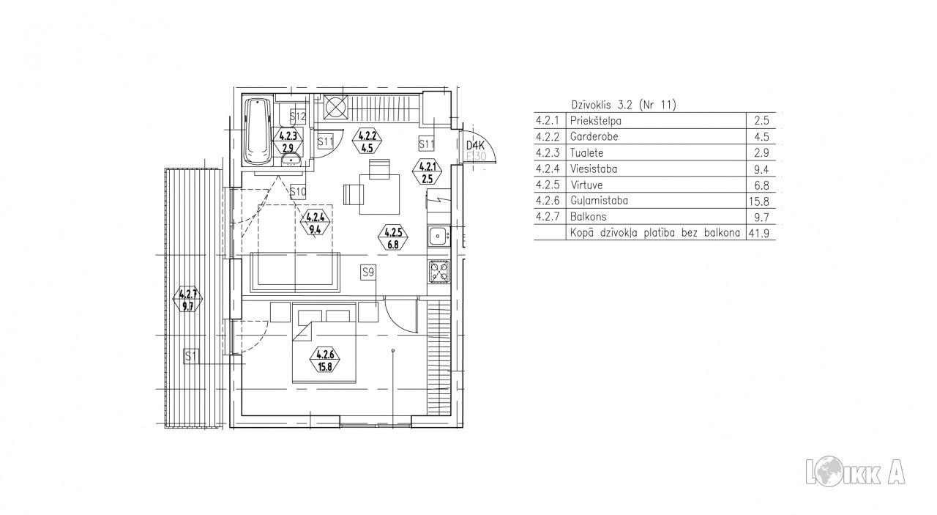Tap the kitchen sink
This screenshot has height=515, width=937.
pyautogui.click(x=438, y=237)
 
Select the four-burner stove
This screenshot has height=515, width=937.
pyautogui.click(x=439, y=271)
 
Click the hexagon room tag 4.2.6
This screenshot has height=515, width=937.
pyautogui.click(x=324, y=360)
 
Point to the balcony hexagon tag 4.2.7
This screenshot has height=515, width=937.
pyautogui.click(x=188, y=299)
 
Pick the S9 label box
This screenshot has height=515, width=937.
pyautogui.click(x=367, y=273)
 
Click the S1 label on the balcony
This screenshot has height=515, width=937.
pyautogui.click(x=191, y=356)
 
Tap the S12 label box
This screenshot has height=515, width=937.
pyautogui.click(x=298, y=116)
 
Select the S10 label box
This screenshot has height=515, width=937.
pyautogui.click(x=298, y=192)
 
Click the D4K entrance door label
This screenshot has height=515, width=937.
pyautogui.click(x=475, y=146)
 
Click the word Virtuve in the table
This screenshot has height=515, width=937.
pyautogui.click(x=586, y=185)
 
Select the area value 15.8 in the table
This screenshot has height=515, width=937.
pyautogui.click(x=759, y=201)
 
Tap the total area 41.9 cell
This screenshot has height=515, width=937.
pyautogui.click(x=759, y=233)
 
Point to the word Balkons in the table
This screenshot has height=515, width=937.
pyautogui.click(x=588, y=217)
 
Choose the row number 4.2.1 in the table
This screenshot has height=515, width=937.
pyautogui.click(x=548, y=121)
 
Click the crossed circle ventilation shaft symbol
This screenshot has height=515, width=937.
pyautogui.click(x=336, y=107)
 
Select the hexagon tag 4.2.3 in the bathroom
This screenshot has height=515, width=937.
pyautogui.click(x=288, y=141)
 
